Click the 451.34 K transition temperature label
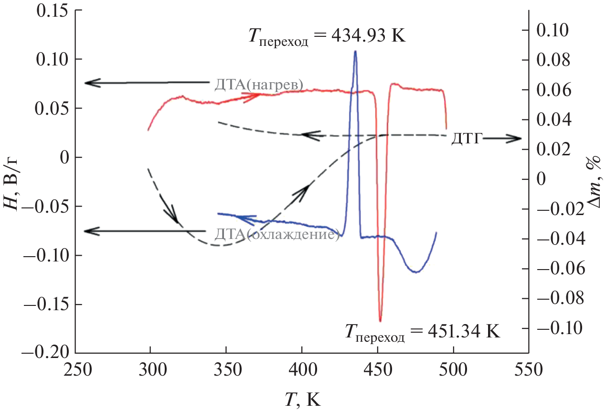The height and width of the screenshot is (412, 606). [422, 331]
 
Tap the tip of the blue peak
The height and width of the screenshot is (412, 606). [355, 51]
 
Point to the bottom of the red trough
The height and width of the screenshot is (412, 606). [380, 321]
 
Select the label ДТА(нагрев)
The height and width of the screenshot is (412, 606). [259, 85]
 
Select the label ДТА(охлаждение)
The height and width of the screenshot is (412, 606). [277, 234]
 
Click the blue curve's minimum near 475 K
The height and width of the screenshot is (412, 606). [416, 272]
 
